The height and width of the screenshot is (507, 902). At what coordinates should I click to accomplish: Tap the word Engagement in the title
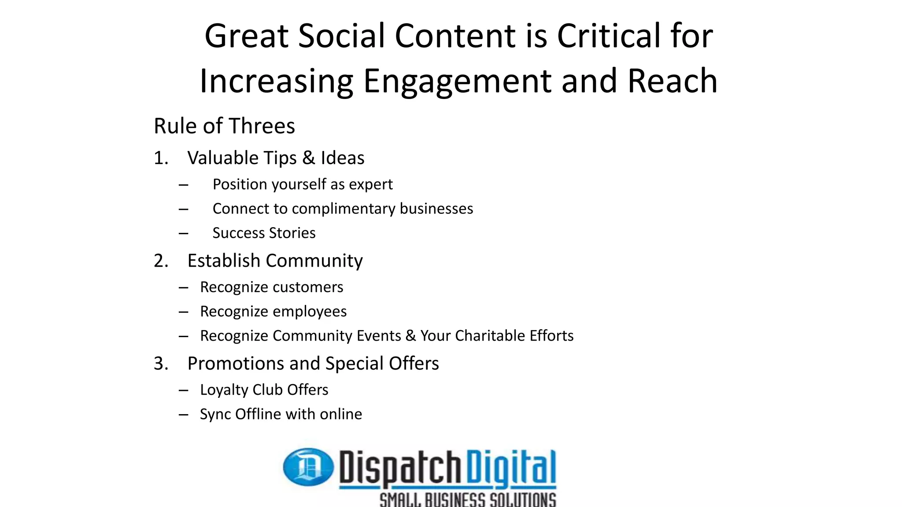pos(457,81)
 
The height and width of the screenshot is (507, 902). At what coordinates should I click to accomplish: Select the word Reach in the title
pos(672,81)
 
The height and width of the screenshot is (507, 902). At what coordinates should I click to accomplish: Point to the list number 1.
pos(161,158)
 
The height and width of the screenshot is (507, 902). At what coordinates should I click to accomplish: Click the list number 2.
pos(161,261)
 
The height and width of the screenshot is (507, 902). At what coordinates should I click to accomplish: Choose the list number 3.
pos(161,364)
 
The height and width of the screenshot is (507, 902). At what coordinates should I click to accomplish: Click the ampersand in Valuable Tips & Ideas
pos(309,158)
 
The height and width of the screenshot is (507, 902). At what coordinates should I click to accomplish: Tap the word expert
pos(370,184)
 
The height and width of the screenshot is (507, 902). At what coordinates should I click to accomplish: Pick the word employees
pos(310,312)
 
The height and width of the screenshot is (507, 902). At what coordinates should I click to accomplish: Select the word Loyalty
pos(224,390)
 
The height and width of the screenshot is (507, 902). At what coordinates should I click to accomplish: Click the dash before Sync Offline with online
pos(184,415)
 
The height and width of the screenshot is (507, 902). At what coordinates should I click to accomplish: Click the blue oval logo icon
pos(308,467)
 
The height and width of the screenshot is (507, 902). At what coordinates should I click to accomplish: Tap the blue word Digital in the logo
pos(511,467)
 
